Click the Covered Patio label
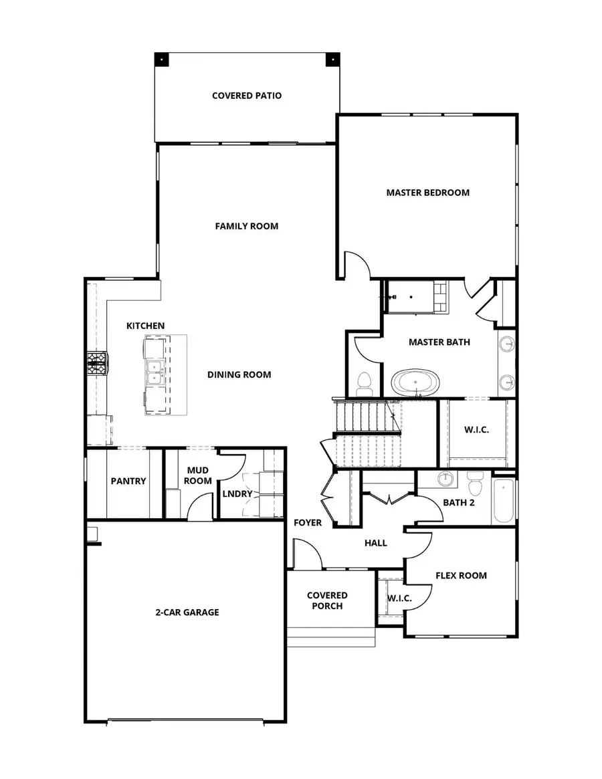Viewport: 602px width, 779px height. point(247,96)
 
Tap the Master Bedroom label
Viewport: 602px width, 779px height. point(427,193)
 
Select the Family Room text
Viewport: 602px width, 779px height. point(246,226)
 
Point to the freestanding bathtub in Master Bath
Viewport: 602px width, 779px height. point(415,384)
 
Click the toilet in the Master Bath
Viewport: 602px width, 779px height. point(365,383)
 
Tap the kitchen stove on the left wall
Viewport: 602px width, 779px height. point(97,363)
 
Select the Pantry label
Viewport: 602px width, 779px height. point(128,481)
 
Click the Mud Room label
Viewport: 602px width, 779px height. point(199,475)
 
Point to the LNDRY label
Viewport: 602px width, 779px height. point(237,494)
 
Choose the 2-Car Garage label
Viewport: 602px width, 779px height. point(187,612)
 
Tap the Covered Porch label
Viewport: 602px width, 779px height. point(327,600)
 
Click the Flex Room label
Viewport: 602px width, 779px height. point(461,575)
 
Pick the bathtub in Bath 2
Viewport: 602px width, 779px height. point(504,502)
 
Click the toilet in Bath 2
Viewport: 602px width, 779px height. point(476,481)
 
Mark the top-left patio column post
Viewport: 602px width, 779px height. point(163,59)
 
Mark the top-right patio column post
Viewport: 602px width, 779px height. point(332,59)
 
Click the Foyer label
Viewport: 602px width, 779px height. point(308,522)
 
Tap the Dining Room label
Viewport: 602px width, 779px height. point(239,374)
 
